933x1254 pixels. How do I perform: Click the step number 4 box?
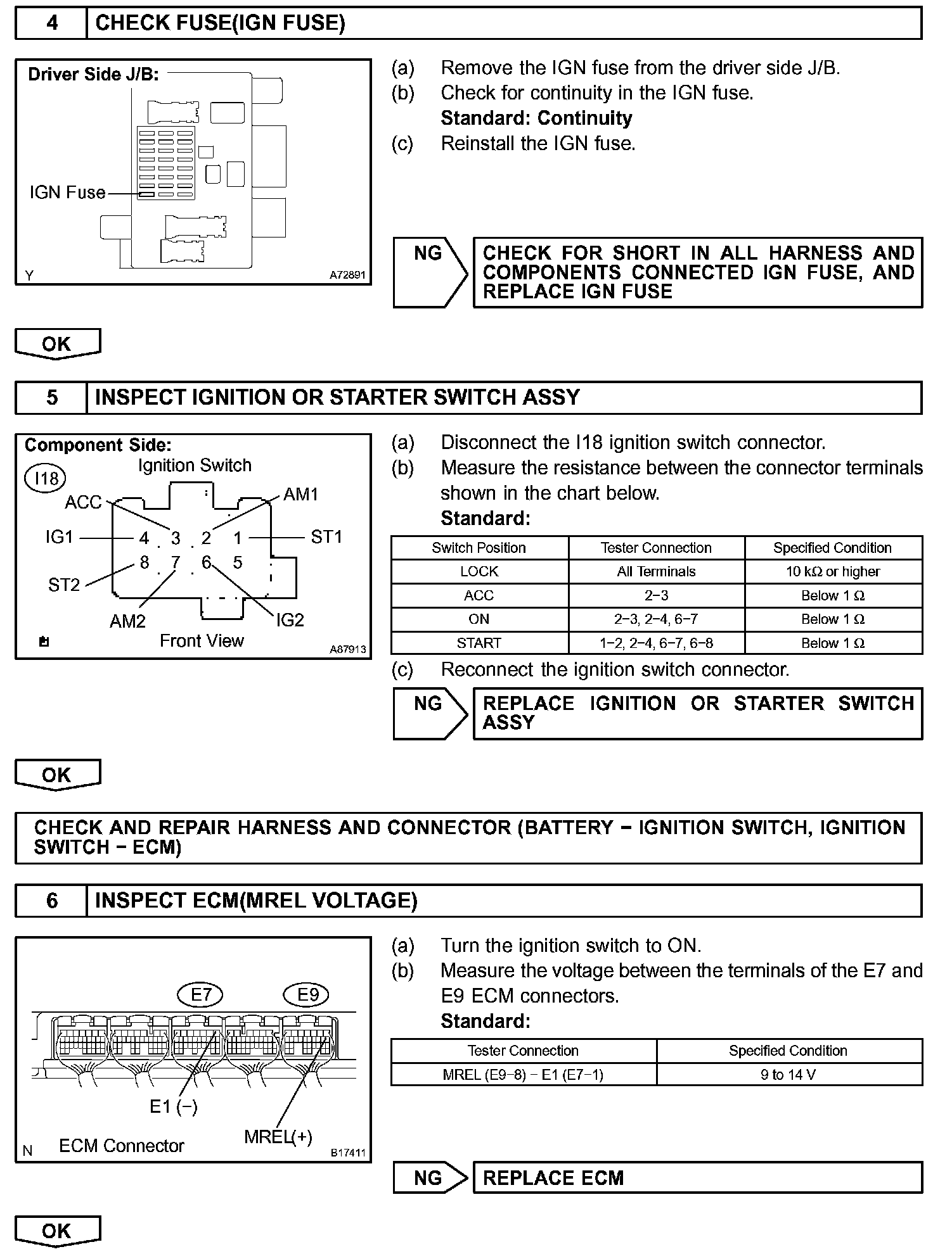[51, 23]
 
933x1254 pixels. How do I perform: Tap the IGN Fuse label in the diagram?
[67, 193]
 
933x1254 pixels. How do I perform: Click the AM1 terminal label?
[300, 494]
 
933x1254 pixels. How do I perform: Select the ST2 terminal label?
[64, 585]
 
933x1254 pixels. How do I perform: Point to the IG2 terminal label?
[290, 620]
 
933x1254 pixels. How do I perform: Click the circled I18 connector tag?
[45, 478]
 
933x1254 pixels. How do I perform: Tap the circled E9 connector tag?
[308, 995]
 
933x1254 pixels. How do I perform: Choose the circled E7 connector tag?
[200, 995]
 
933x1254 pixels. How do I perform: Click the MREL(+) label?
[278, 1137]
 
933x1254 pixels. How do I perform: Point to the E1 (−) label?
[173, 1106]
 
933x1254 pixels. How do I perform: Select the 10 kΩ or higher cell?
[833, 571]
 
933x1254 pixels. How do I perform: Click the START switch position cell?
[479, 643]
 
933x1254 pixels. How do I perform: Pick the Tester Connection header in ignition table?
[656, 548]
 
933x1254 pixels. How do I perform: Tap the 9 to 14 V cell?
[788, 1075]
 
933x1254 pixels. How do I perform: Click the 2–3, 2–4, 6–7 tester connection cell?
[656, 619]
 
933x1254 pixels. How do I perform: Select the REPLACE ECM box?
[697, 1178]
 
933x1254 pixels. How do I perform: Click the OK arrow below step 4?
[58, 344]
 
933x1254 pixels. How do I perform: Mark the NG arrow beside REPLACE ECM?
[430, 1178]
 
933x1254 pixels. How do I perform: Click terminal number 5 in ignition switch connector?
[238, 562]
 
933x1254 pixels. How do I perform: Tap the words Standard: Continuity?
[536, 118]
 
